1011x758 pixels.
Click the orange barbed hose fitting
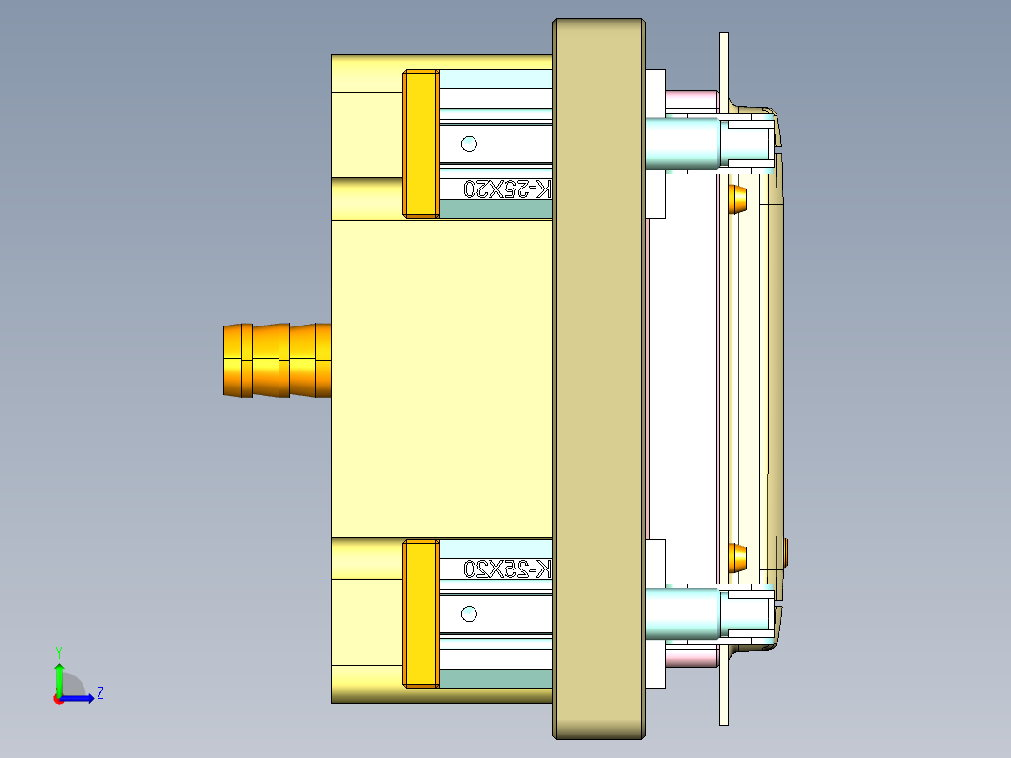[x=277, y=360]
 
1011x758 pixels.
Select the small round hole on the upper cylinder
[x=470, y=144]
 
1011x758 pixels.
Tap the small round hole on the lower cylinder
[x=470, y=614]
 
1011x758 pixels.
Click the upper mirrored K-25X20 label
[x=507, y=189]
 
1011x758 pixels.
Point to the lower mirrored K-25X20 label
[x=507, y=568]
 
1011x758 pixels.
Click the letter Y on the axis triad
[x=58, y=651]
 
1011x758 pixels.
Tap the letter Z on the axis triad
[x=99, y=693]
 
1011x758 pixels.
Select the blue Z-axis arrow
[x=79, y=698]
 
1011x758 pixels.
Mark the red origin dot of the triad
[x=58, y=699]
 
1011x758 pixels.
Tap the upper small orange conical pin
[x=738, y=198]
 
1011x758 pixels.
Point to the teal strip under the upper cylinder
[x=495, y=209]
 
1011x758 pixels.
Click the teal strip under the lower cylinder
[x=495, y=678]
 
